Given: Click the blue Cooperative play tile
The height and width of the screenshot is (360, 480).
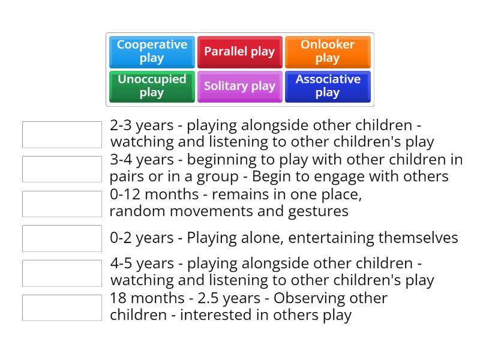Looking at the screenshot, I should point(152,52).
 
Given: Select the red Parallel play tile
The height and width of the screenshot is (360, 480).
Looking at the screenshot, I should point(239,52).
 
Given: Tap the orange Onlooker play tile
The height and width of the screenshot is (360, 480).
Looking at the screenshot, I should point(328,52).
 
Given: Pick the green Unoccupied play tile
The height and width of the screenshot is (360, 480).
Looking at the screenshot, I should point(152,86).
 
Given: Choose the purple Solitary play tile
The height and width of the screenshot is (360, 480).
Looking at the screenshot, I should point(239,86).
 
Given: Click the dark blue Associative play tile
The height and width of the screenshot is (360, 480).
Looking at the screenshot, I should point(328,86).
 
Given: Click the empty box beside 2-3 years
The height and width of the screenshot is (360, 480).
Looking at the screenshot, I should point(62,134).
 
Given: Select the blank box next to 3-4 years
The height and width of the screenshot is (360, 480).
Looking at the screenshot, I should point(62,169).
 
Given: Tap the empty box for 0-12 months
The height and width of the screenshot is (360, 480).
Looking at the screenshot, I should point(62,204).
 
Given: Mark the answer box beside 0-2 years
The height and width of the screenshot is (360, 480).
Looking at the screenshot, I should point(62,238).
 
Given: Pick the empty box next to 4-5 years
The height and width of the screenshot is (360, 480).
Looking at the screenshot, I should point(62,273).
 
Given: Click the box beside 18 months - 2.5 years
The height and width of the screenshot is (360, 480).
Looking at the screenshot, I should point(62,308).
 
